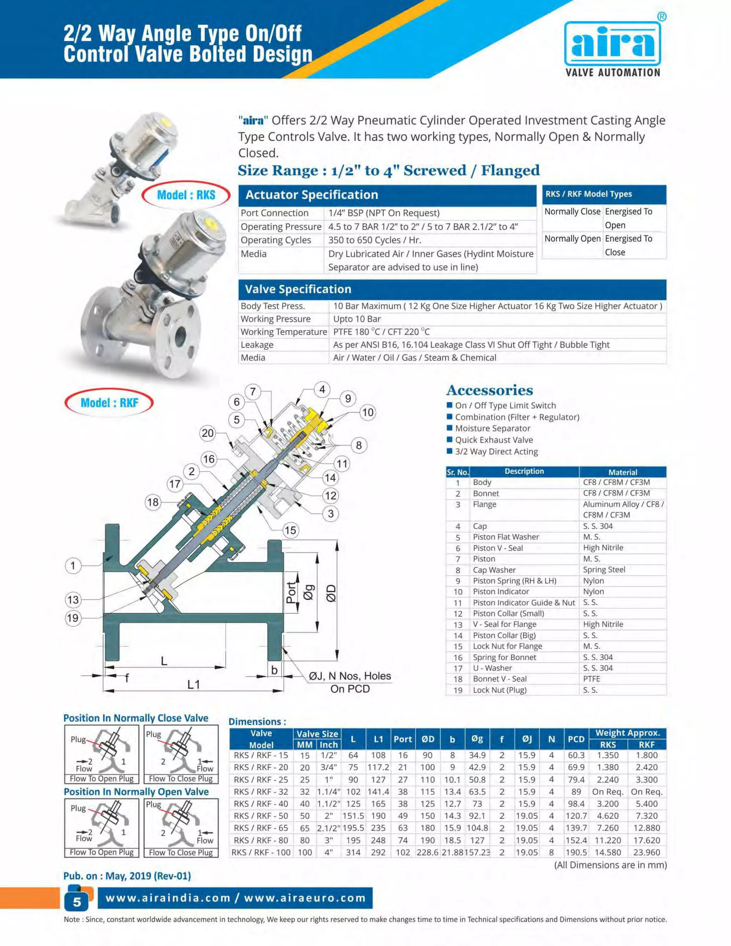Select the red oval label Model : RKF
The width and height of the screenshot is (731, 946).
pyautogui.click(x=109, y=403)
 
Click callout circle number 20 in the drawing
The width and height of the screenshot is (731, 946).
pyautogui.click(x=208, y=433)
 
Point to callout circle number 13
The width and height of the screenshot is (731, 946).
pyautogui.click(x=73, y=600)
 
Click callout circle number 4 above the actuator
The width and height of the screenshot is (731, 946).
pyautogui.click(x=322, y=389)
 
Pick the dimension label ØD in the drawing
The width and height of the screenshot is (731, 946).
pyautogui.click(x=331, y=593)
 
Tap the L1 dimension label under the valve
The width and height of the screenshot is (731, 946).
pyautogui.click(x=193, y=684)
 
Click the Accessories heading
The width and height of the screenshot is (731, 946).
pyautogui.click(x=489, y=390)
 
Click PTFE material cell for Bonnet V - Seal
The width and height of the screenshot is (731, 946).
pyautogui.click(x=591, y=679)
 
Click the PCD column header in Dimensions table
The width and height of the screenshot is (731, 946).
pyautogui.click(x=576, y=739)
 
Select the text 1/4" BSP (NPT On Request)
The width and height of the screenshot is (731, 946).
pyautogui.click(x=384, y=213)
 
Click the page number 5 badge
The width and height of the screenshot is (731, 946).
pyautogui.click(x=77, y=902)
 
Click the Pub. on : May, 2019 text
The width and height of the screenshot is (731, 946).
pyautogui.click(x=127, y=876)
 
